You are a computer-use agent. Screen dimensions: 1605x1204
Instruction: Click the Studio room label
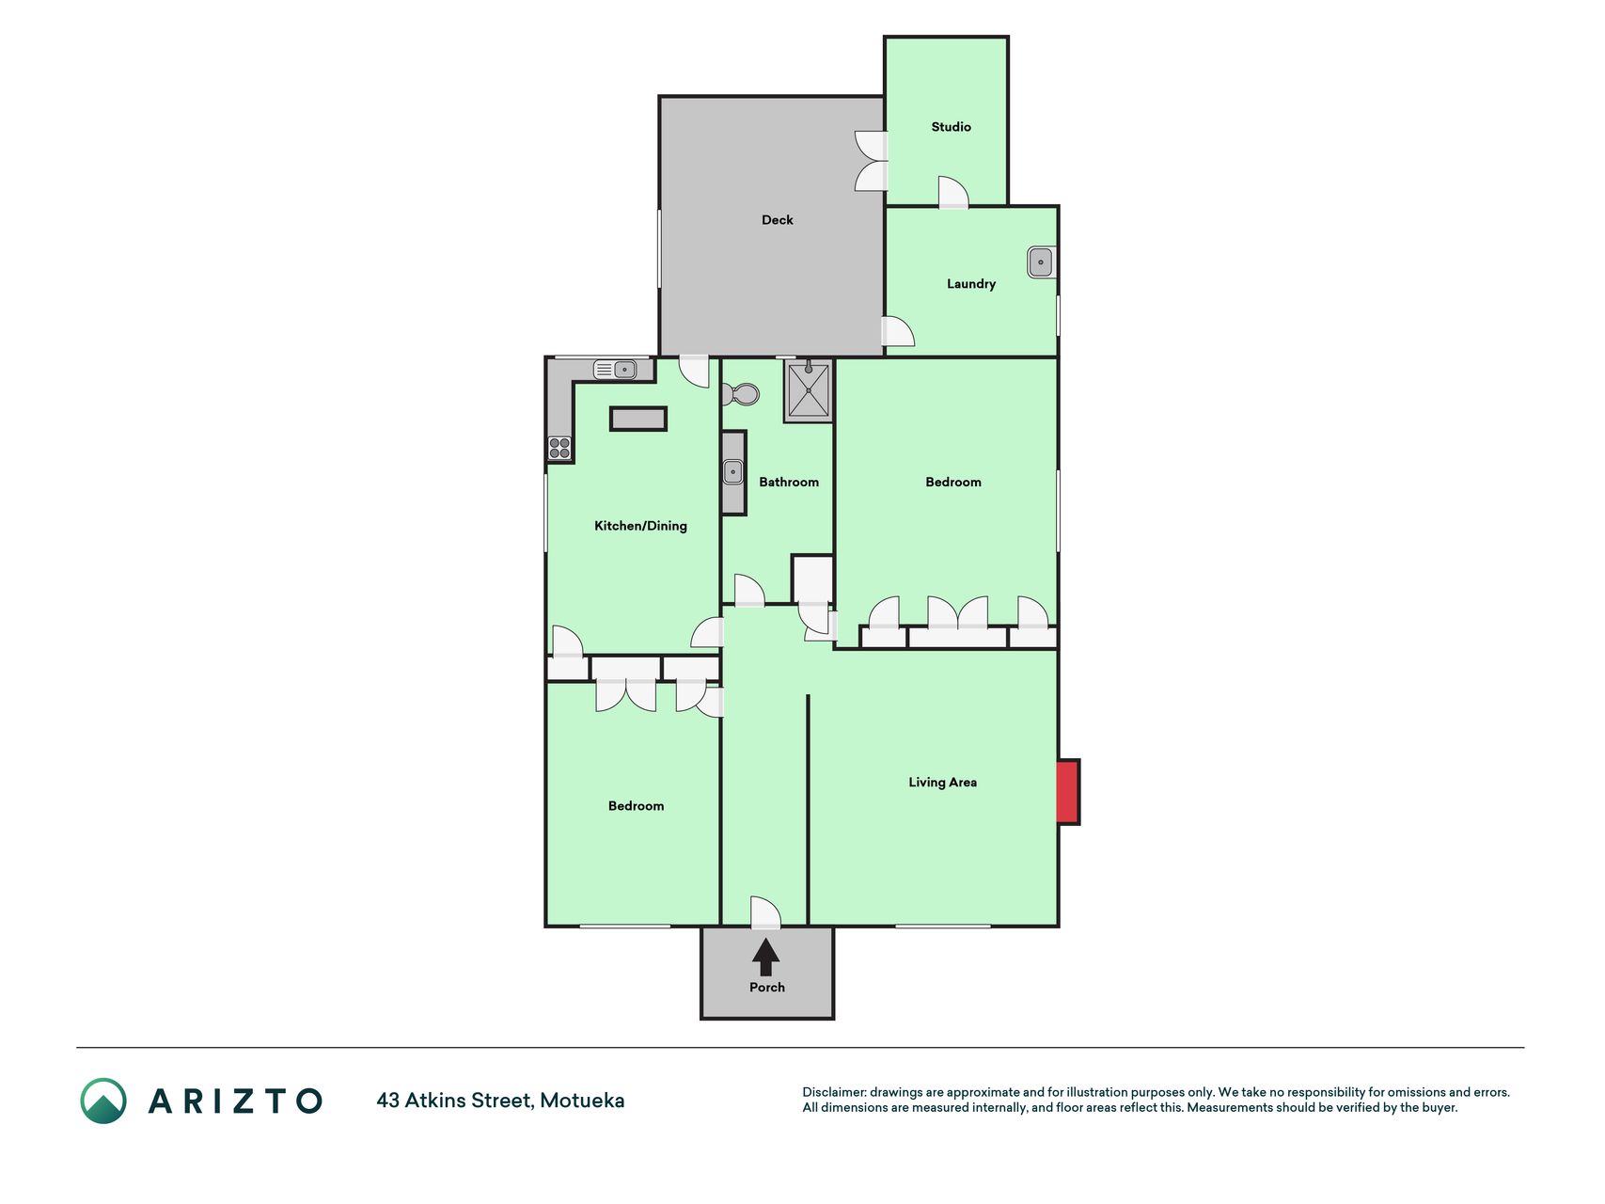(x=951, y=127)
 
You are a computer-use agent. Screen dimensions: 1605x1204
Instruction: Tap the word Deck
(x=777, y=220)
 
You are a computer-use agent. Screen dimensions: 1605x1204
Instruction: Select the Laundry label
(x=970, y=284)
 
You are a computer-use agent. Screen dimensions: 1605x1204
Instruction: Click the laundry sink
(x=1041, y=262)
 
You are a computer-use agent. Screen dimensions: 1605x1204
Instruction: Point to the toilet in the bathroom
(x=741, y=393)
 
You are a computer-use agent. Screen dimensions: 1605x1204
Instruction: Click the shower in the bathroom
(x=808, y=390)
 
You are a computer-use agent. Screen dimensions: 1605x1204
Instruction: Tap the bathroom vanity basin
(x=733, y=471)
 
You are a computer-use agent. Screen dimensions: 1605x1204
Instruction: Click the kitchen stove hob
(x=559, y=448)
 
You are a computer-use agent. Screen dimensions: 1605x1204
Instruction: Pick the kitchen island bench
(x=638, y=419)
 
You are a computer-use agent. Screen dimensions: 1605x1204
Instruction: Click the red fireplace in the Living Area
(x=1067, y=792)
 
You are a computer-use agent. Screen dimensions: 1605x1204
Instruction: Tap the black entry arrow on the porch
(x=766, y=957)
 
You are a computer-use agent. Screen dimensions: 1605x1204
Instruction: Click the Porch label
(x=766, y=988)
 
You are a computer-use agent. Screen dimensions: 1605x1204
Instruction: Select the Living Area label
(x=942, y=783)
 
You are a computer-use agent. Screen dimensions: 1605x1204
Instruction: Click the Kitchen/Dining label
(x=640, y=526)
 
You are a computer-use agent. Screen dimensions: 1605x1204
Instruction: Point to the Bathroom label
(x=789, y=483)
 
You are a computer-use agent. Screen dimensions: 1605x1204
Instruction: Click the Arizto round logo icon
(x=103, y=1101)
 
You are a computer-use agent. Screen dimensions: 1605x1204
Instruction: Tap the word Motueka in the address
(x=582, y=1101)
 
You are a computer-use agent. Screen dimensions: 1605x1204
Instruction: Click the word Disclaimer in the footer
(x=834, y=1092)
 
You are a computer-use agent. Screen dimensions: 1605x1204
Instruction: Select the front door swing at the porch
(x=765, y=911)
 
